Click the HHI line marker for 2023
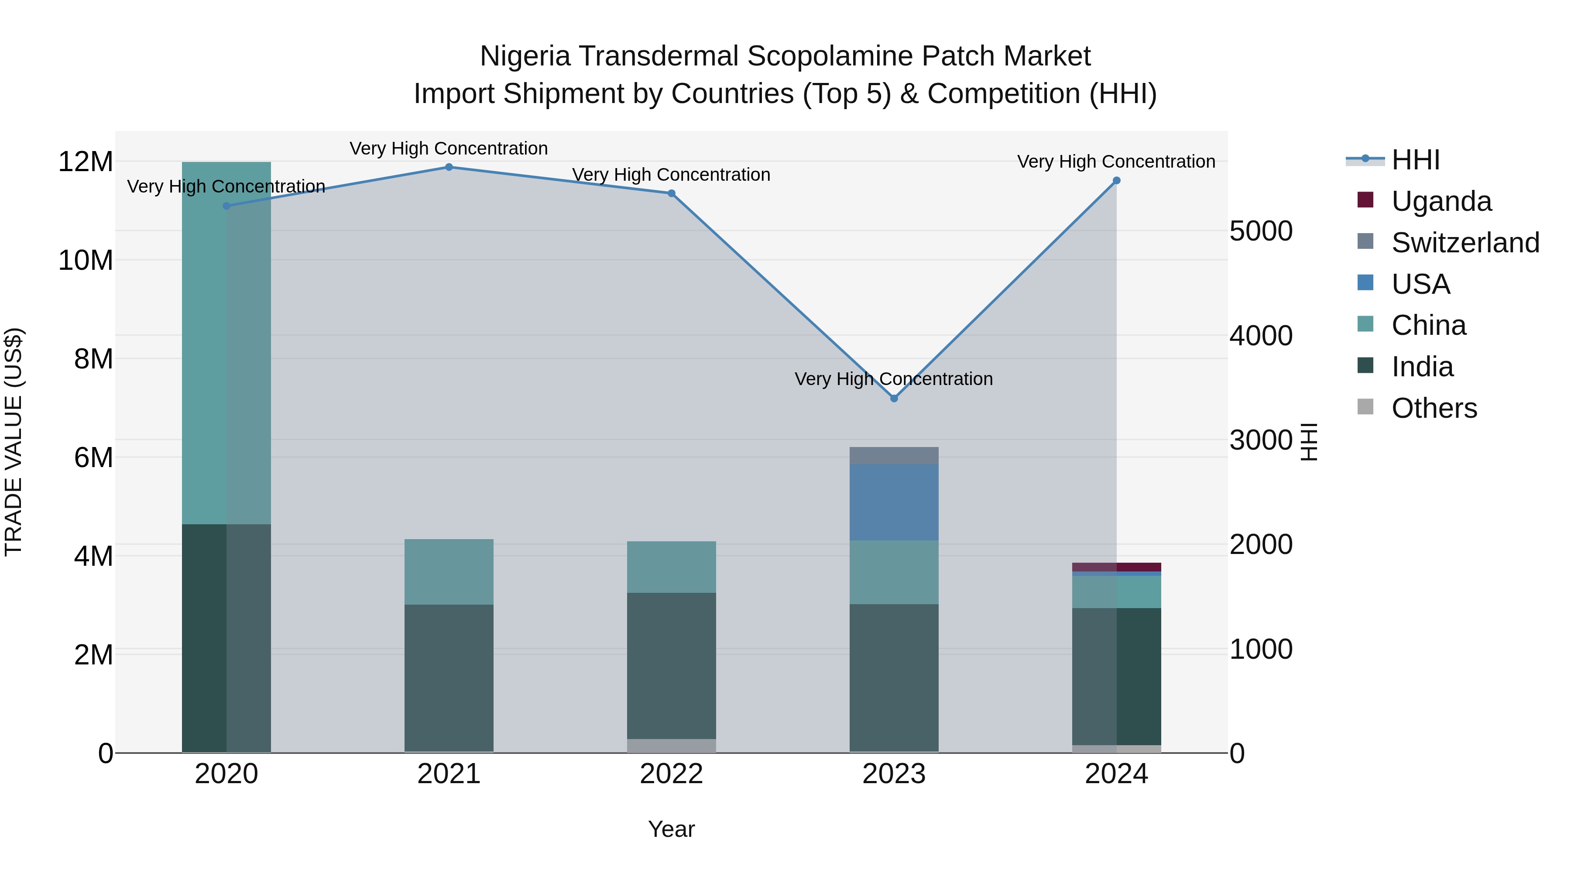coord(894,399)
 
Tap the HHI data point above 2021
coord(449,167)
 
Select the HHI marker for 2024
coord(1117,181)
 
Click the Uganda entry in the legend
coord(1442,201)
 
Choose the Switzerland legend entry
coord(1465,243)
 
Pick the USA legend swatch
coord(1365,283)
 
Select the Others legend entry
coord(1434,408)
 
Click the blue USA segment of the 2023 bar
coord(894,502)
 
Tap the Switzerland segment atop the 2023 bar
coord(894,455)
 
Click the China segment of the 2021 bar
coord(449,571)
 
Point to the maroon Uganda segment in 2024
coord(1117,567)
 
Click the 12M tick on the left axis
coord(86,162)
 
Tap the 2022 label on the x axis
coord(672,774)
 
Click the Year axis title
coord(672,829)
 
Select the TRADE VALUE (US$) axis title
coord(14,442)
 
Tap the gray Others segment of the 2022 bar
coord(672,746)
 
